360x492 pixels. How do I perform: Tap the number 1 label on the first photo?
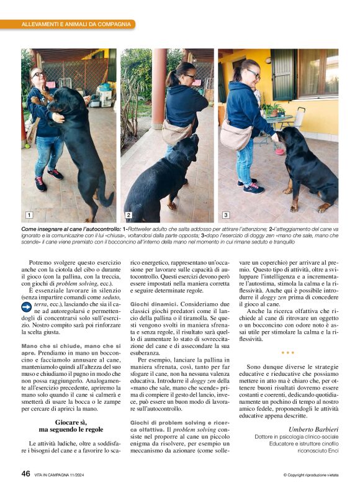point(29,215)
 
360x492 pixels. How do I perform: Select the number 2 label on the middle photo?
point(128,215)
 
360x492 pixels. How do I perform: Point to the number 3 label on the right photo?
point(225,215)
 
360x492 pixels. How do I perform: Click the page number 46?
point(26,473)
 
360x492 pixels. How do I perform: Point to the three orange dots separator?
point(287,352)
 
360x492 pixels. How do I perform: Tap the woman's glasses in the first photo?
point(39,74)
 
